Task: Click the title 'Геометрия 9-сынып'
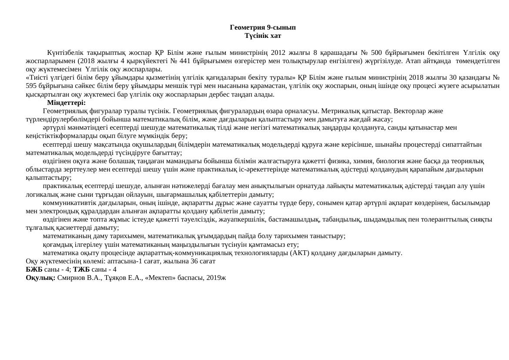tap(263, 27)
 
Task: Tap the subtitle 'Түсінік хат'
tap(263, 36)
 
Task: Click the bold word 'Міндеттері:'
tap(66, 103)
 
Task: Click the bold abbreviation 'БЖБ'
tap(34, 269)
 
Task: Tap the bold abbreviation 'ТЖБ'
tap(81, 269)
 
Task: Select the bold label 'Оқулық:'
tap(40, 278)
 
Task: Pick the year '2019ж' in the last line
tap(217, 278)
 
